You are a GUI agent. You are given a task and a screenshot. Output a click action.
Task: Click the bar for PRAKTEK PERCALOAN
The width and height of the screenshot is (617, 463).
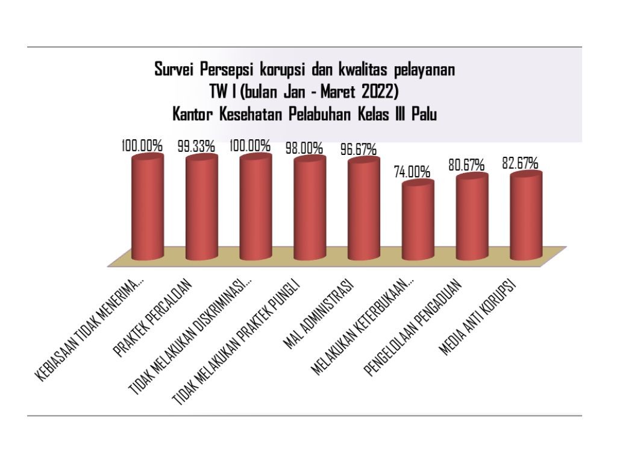tap(201, 208)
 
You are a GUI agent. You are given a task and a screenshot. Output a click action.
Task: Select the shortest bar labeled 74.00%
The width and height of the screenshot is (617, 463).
tap(418, 222)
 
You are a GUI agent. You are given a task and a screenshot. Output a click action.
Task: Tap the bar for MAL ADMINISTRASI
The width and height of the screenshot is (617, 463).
tap(364, 208)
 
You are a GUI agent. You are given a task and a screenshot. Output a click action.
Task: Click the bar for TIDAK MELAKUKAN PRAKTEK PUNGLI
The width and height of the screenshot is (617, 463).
tap(310, 208)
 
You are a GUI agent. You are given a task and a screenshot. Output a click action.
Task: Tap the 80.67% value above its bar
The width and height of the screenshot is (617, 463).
tap(468, 164)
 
